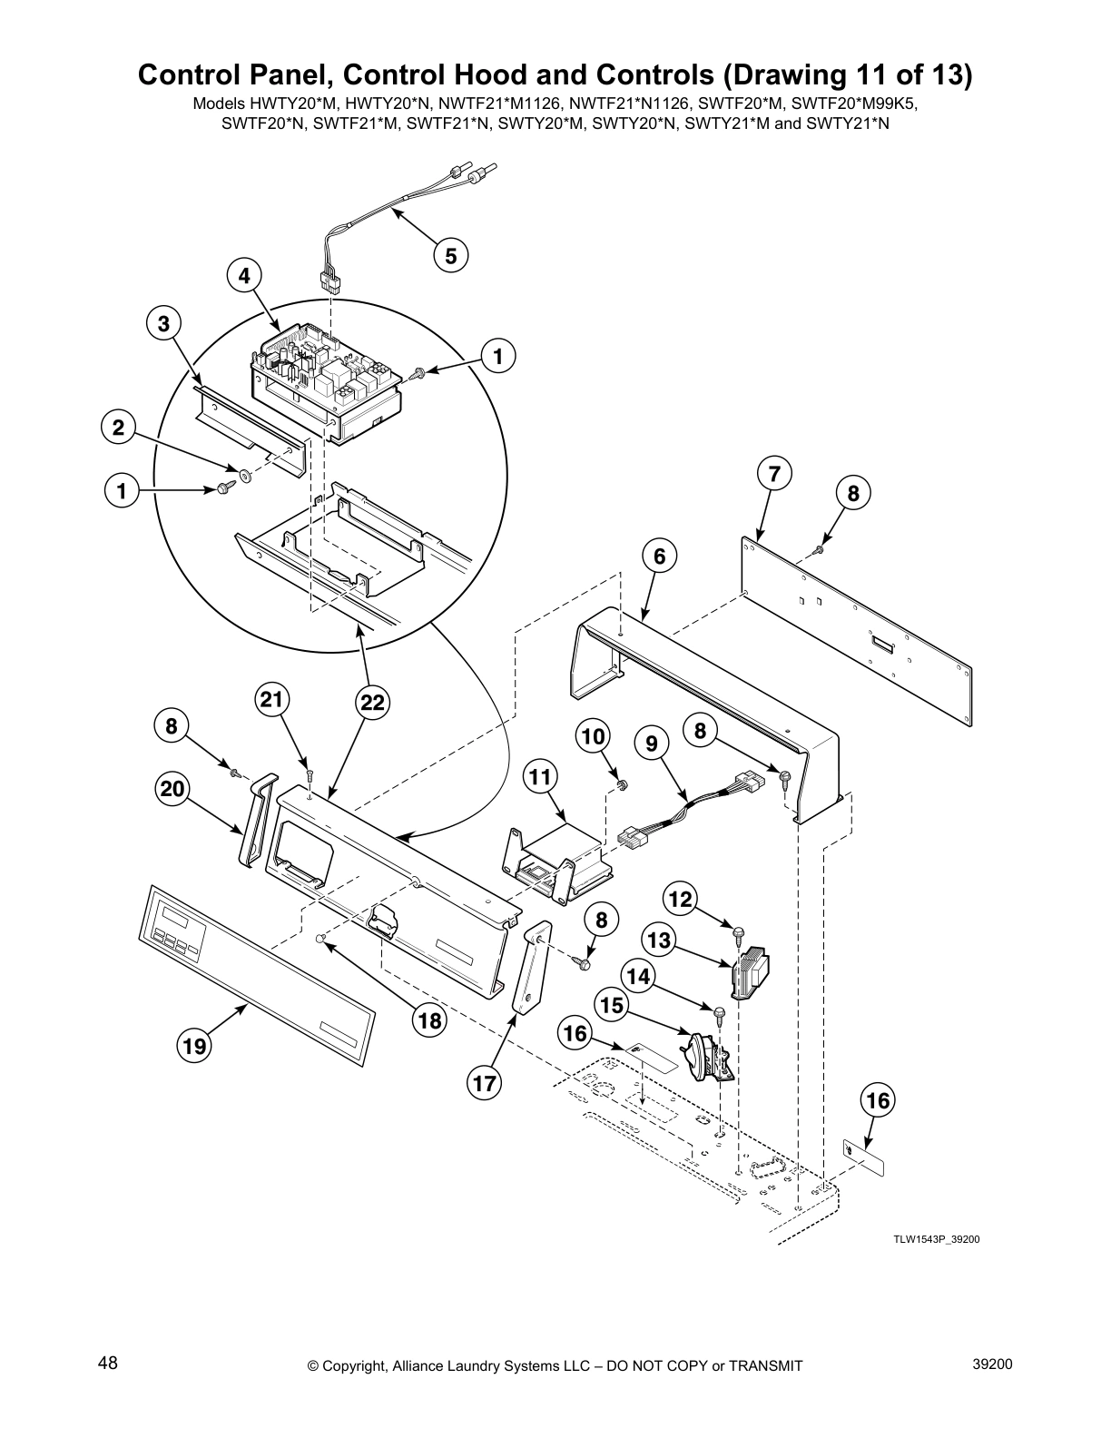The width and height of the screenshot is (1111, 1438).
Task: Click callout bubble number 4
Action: coord(244,275)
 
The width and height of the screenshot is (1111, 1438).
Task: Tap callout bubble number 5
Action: coord(450,255)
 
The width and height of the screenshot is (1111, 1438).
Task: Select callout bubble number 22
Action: coord(372,702)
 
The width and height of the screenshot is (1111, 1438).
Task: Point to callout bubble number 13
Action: coord(659,940)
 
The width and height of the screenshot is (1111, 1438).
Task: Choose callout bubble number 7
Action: coord(773,474)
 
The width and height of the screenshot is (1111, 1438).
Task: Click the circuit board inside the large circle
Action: coord(327,381)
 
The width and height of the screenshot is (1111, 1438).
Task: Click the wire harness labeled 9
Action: coord(690,803)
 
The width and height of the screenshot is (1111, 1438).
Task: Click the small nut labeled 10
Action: coord(622,783)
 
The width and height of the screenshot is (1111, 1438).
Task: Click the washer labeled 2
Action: coord(246,474)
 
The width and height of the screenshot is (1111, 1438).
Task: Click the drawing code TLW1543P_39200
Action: coord(936,1239)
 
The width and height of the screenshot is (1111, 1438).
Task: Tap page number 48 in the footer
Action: coord(108,1363)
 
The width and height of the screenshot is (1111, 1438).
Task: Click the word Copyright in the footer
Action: coord(358,1365)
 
